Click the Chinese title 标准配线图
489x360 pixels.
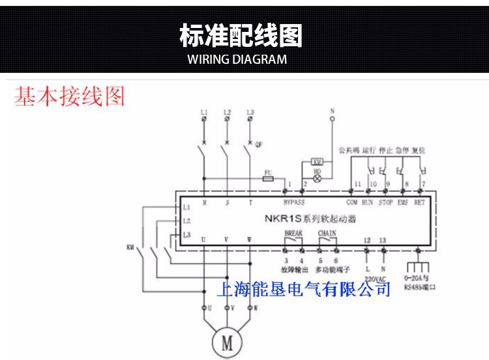241,36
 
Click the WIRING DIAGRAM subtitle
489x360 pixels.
237,60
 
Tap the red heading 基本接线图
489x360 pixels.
70,97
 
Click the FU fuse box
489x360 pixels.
267,176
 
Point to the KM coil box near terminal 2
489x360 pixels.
318,161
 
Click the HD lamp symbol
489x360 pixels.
318,175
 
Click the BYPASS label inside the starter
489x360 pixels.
294,202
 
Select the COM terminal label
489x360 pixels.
352,202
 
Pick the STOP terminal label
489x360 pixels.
385,202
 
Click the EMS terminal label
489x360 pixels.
403,202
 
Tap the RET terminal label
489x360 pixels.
420,202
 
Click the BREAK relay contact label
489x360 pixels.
293,232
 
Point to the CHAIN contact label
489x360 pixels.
327,232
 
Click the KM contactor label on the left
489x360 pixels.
130,247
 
